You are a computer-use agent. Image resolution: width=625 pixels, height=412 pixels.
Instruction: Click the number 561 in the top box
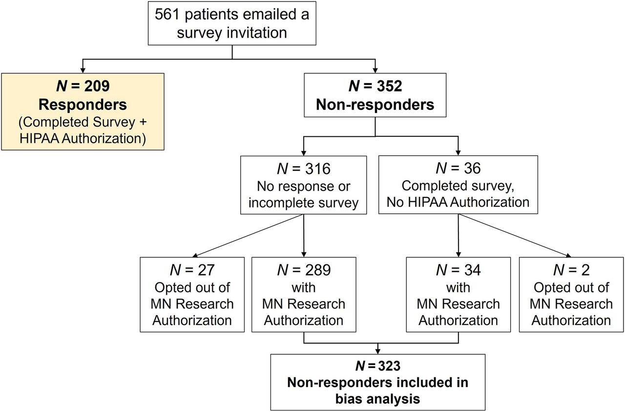click(167, 14)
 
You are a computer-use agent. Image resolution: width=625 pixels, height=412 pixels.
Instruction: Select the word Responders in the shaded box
click(83, 105)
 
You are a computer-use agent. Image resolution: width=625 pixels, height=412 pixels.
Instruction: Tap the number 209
click(97, 86)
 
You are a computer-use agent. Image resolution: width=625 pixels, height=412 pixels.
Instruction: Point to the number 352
click(389, 86)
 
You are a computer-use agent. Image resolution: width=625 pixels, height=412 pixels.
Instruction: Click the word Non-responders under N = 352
click(375, 105)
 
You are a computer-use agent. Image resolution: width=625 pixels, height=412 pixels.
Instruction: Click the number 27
click(206, 270)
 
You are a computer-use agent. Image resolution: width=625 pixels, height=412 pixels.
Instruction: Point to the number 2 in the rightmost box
click(585, 270)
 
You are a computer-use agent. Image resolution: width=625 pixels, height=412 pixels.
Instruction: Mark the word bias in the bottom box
click(349, 399)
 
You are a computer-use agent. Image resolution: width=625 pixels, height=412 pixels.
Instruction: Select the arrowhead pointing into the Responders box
click(83, 70)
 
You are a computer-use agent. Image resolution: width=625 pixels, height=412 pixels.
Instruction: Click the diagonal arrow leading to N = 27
click(248, 236)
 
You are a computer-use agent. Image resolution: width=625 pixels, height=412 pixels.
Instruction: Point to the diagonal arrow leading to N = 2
click(515, 235)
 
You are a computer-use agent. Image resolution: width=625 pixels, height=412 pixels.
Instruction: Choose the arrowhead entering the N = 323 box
click(378, 351)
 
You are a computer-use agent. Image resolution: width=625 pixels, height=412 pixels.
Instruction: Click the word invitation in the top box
click(257, 33)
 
